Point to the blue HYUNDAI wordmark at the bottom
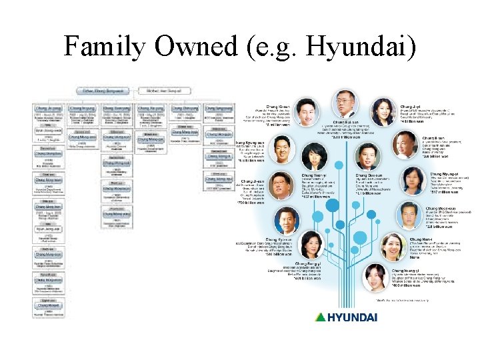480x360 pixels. (x=353, y=316)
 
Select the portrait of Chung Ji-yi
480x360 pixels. (x=384, y=113)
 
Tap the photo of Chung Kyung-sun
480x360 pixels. (x=281, y=151)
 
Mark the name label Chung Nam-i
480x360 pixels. (x=421, y=238)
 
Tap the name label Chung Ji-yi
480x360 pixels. (x=409, y=106)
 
